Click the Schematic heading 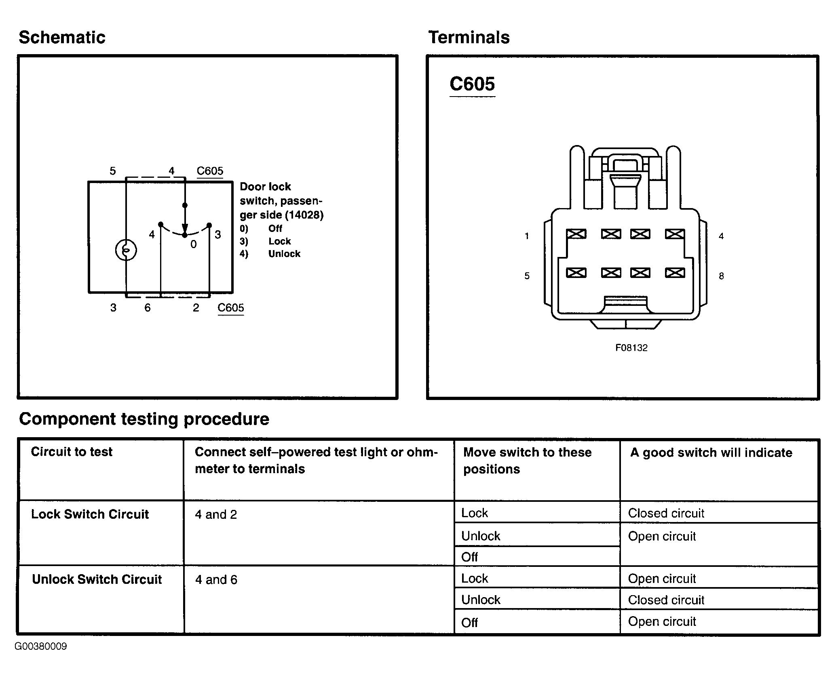(62, 37)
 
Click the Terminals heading (469, 37)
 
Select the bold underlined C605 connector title (472, 84)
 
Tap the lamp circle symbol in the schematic (126, 251)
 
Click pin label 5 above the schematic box (113, 171)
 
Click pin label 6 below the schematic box (148, 308)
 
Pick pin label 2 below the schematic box (196, 308)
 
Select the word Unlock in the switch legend (284, 254)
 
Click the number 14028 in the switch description (304, 215)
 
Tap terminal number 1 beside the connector (527, 236)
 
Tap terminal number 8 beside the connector (721, 276)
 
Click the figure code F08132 (631, 348)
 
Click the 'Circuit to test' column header (72, 452)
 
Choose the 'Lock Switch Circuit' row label (90, 514)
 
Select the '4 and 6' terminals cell (216, 580)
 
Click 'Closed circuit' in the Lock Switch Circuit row (666, 513)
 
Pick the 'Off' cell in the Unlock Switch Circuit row (469, 623)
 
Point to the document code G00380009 (41, 646)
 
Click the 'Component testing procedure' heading (144, 419)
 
